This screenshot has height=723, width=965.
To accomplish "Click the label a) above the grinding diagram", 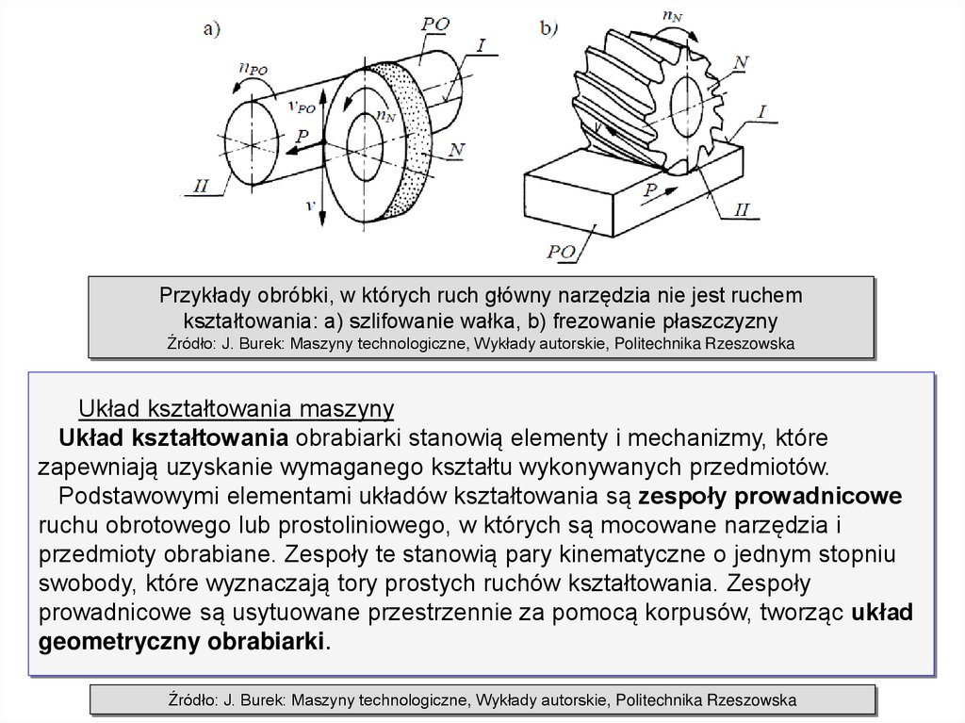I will pyautogui.click(x=212, y=29).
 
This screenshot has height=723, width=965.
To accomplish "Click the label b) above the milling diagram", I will pyautogui.click(x=550, y=29).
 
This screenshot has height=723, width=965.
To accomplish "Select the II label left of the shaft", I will pyautogui.click(x=202, y=187).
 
